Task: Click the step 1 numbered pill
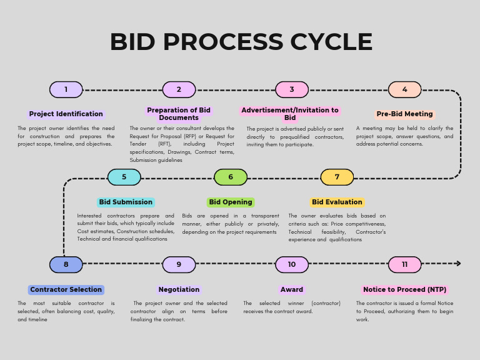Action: pos(66,89)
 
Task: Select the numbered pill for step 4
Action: pos(404,89)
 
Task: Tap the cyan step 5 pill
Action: pos(124,177)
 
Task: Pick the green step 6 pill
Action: pos(230,177)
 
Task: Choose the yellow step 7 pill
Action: pos(337,177)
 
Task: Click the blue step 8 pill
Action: pos(66,264)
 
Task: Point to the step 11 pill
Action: pos(404,264)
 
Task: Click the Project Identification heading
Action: pos(66,114)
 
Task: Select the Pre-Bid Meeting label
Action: pos(404,114)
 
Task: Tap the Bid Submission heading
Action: pos(126,202)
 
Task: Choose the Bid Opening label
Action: pos(231,202)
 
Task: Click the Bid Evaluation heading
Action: pos(337,202)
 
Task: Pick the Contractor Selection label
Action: pos(66,289)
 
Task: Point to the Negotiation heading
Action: pos(179,289)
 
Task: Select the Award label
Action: pos(291,289)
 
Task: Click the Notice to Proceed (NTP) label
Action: pos(404,289)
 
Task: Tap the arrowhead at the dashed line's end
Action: pos(458,264)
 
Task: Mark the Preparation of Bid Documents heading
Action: pos(179,114)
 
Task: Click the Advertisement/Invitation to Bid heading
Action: pos(290,114)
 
